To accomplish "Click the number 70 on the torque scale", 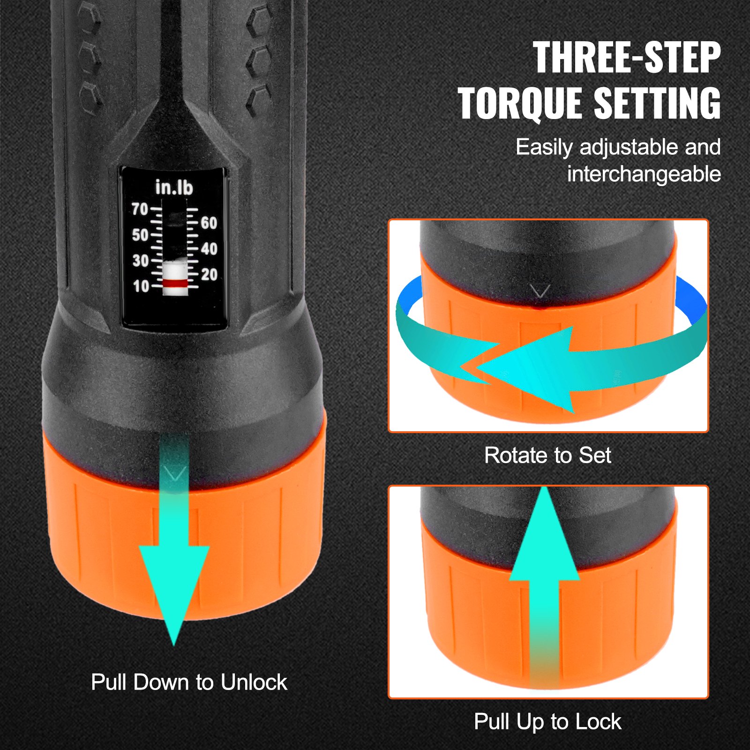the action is click(x=140, y=209).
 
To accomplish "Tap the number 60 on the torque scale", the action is click(x=209, y=223).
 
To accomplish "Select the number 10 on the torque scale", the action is click(x=141, y=286).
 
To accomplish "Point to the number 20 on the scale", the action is click(x=209, y=274).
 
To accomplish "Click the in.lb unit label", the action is click(x=174, y=187).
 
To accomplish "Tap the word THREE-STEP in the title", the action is click(x=626, y=58).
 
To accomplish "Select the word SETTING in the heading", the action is click(x=657, y=104).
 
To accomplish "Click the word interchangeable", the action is click(x=644, y=174).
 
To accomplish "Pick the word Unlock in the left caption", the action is click(x=254, y=682).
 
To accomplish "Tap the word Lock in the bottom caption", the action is click(x=598, y=721).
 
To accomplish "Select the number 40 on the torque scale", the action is click(x=209, y=248).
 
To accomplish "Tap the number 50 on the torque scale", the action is click(x=140, y=235).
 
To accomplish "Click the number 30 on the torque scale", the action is click(x=140, y=261).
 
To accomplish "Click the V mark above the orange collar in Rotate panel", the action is click(x=540, y=292).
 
